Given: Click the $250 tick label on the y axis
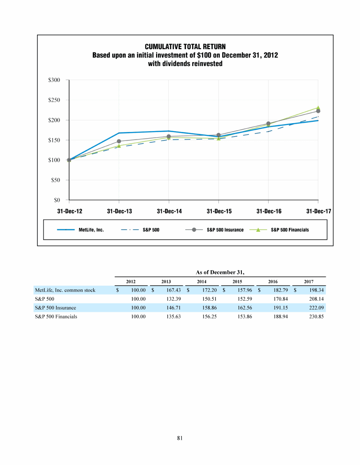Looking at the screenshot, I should click(54, 100).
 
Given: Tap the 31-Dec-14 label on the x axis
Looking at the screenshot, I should click(169, 211).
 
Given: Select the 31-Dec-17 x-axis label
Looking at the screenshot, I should click(319, 211).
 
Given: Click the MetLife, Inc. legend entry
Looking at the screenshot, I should click(91, 230).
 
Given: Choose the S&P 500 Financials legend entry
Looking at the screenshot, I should click(290, 230).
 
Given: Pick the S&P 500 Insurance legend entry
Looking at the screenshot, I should click(225, 230).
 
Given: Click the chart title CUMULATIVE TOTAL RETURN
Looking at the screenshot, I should click(185, 47).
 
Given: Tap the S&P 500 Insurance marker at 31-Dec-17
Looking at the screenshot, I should click(318, 111).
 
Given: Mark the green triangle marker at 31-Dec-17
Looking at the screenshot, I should click(318, 108).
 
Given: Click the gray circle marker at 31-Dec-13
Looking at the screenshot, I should click(119, 141).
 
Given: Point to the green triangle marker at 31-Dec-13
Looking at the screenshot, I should click(119, 146).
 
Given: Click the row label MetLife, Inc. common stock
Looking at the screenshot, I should click(65, 290).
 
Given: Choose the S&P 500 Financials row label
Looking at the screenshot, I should click(56, 317).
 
